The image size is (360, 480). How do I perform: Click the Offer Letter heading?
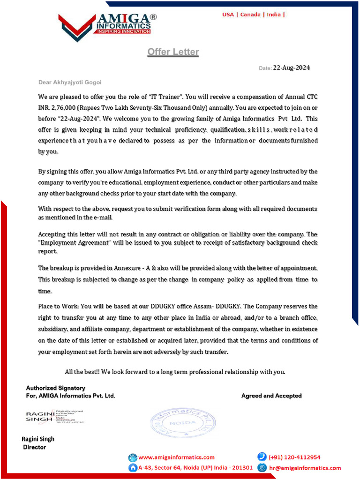[173, 52]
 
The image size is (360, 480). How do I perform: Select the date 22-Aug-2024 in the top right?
[291, 68]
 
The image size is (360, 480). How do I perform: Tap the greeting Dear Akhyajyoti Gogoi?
[70, 82]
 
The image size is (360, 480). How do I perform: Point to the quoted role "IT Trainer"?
[166, 97]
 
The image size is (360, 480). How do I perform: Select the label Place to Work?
[59, 306]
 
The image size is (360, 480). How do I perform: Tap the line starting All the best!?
[175, 372]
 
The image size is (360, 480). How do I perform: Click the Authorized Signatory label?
[55, 388]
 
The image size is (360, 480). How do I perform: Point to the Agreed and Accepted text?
[271, 396]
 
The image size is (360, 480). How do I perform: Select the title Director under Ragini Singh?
[35, 447]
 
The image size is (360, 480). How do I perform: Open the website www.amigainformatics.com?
[176, 457]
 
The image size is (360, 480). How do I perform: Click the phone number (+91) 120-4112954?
[294, 457]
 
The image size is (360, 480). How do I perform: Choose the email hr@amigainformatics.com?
[305, 468]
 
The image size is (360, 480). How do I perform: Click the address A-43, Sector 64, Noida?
[195, 468]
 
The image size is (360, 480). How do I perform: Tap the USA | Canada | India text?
[253, 15]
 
